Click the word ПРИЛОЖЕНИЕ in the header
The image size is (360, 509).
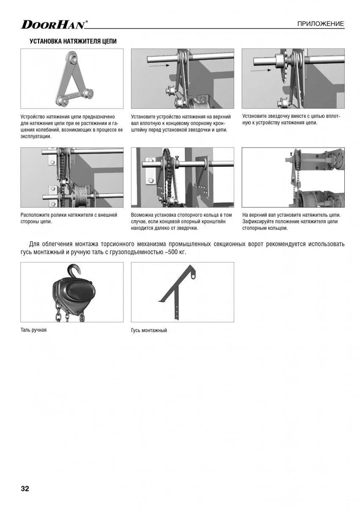321,24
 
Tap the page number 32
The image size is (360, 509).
25,489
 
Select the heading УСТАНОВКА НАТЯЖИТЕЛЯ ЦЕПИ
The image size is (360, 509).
73,42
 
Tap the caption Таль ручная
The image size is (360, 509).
33,330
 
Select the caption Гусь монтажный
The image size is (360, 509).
149,330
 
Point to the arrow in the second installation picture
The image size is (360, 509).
159,65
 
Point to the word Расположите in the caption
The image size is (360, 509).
35,215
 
